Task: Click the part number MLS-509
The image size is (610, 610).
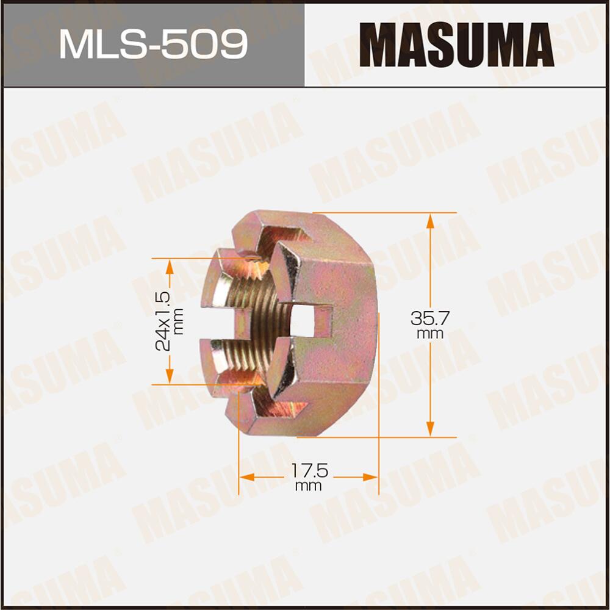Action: pyautogui.click(x=152, y=44)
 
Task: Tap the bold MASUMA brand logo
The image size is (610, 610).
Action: pyautogui.click(x=456, y=44)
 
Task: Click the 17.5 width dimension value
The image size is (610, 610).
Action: pyautogui.click(x=309, y=471)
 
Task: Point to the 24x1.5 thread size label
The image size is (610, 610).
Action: pyautogui.click(x=162, y=321)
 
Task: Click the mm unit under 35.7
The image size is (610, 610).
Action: pyautogui.click(x=431, y=334)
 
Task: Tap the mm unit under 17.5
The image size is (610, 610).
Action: pyautogui.click(x=308, y=486)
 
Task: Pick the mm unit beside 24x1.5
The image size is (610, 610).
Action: pyautogui.click(x=178, y=321)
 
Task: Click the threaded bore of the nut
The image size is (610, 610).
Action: pyautogui.click(x=250, y=323)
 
